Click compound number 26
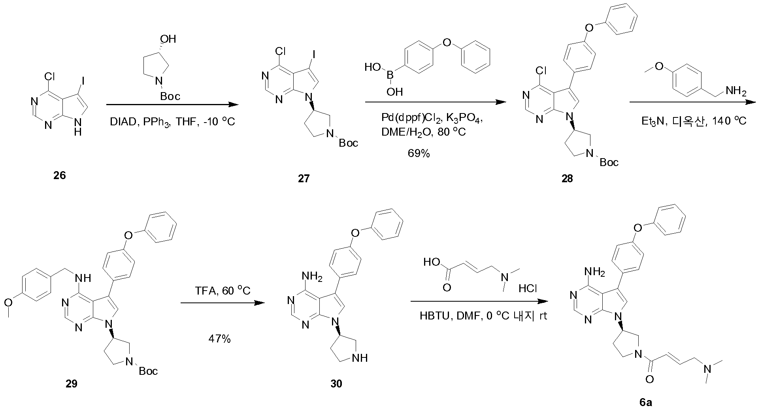[60, 176]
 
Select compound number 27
[304, 179]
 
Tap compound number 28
[568, 179]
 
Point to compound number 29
[72, 384]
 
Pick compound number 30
[336, 384]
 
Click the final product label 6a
[646, 402]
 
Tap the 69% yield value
[419, 153]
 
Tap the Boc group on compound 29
[148, 371]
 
